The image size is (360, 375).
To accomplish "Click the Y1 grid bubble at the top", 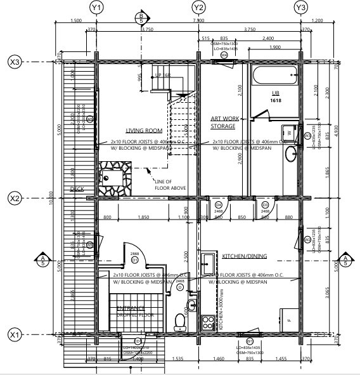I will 96,8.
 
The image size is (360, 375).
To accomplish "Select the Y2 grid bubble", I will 198,8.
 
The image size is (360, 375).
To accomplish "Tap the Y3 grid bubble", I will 301,8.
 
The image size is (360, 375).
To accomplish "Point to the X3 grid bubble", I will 14,62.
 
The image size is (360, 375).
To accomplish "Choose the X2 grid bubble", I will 14,199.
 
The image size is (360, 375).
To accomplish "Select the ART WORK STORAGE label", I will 223,122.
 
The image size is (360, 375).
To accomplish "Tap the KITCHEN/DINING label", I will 245,256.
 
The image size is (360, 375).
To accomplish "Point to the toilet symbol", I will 180,323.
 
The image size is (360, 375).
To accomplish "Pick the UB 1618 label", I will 276,96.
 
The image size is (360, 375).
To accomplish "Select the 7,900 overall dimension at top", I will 198,20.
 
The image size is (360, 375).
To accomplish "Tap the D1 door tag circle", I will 134,260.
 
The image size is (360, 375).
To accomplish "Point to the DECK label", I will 77,188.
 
